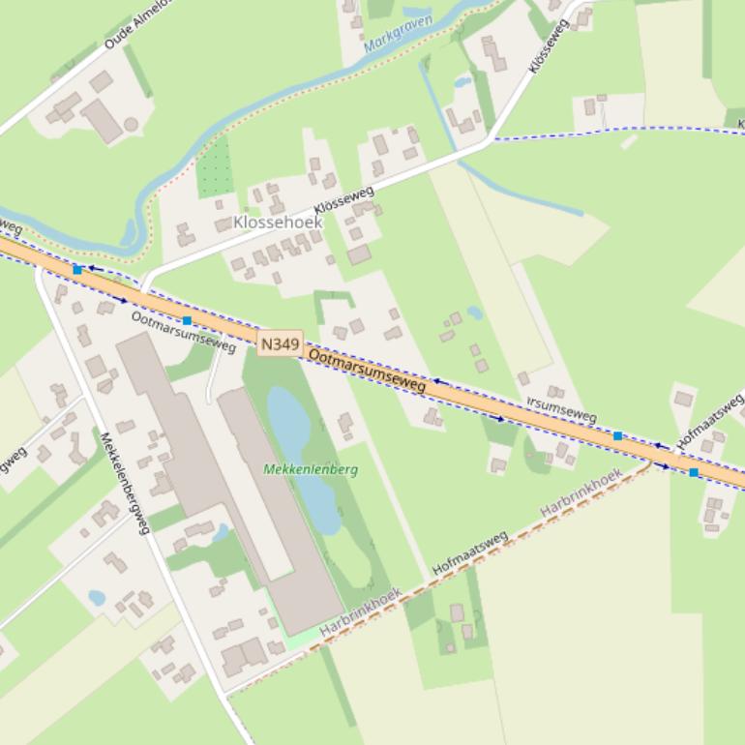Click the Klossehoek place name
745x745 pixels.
click(x=278, y=223)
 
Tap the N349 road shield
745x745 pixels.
click(x=281, y=343)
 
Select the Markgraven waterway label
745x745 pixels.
click(x=398, y=33)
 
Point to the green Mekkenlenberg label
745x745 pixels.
click(x=311, y=469)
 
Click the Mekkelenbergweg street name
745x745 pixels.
click(x=126, y=483)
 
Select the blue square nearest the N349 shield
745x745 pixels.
click(x=187, y=320)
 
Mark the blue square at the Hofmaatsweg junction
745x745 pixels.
click(x=694, y=472)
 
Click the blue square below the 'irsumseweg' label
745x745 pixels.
click(x=617, y=436)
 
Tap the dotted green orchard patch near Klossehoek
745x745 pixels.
click(x=215, y=167)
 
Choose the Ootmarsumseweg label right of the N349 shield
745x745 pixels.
click(x=367, y=371)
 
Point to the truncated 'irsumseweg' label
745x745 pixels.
click(x=562, y=409)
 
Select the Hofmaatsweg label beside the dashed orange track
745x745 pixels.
click(x=470, y=553)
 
